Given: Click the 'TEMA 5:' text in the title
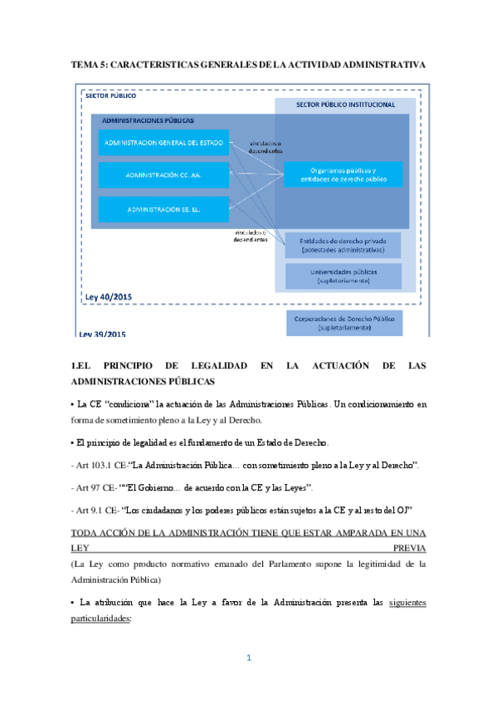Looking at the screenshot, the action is tap(90, 64).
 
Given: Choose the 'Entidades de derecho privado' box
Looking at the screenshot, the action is tap(343, 245).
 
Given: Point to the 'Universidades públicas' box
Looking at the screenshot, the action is tap(343, 276).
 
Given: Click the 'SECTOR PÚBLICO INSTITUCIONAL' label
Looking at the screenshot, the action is tap(345, 105).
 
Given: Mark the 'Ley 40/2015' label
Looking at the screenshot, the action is tap(109, 296).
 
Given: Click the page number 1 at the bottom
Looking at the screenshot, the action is tap(248, 658).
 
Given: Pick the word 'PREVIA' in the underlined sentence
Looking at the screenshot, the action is tap(408, 549).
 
